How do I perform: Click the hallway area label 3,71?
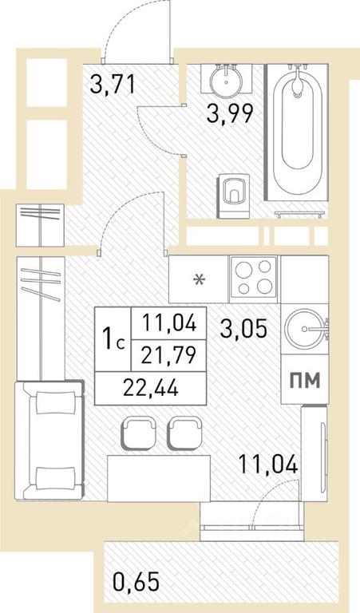[113, 85]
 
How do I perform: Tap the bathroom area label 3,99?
[230, 114]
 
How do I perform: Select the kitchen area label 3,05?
[243, 328]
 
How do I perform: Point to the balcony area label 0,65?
[136, 582]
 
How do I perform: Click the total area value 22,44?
[151, 388]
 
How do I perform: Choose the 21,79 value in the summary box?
[168, 356]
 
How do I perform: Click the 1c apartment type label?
[113, 339]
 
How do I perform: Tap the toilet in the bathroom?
[233, 195]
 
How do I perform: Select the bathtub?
[297, 132]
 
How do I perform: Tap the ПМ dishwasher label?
[305, 380]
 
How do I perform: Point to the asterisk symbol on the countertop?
[200, 280]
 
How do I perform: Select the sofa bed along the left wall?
[49, 441]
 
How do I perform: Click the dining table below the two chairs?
[159, 479]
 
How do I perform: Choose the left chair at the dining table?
[139, 433]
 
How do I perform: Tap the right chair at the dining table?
[184, 433]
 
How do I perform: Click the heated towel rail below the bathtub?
[299, 214]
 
